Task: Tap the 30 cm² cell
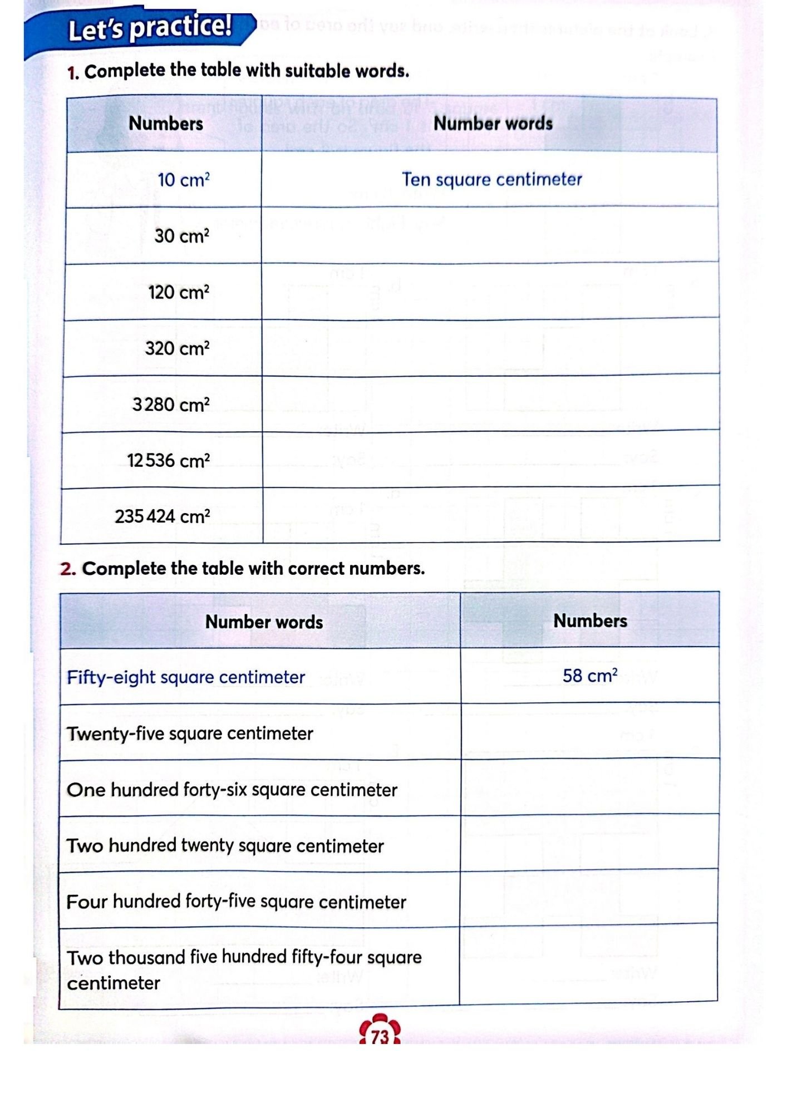pos(181,236)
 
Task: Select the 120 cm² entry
pos(178,292)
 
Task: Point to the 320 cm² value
pos(177,348)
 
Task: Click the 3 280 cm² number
pos(170,405)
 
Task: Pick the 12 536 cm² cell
pos(168,461)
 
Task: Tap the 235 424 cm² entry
pos(162,516)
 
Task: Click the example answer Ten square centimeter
pos(491,179)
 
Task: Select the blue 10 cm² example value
pos(183,180)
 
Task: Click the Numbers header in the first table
pos(166,123)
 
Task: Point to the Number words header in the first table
pos(493,123)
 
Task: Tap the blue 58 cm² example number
pos(589,676)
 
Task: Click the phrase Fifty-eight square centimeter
pos(186,677)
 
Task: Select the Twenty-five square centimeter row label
pos(190,733)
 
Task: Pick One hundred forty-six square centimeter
pos(232,790)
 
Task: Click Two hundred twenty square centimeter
pos(225,846)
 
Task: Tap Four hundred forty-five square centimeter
pos(236,902)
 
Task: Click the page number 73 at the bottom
pos(380,1036)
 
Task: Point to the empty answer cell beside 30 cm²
pos(490,235)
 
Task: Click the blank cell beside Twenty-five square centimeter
pos(589,731)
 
